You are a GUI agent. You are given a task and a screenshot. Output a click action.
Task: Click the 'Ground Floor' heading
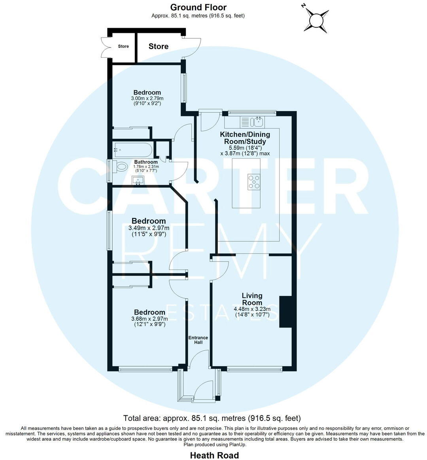tap(198, 7)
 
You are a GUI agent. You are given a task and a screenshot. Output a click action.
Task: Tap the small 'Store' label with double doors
tap(123, 46)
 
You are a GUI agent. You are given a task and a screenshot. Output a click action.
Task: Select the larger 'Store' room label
tap(159, 46)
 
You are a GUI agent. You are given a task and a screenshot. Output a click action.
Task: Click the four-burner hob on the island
tap(254, 181)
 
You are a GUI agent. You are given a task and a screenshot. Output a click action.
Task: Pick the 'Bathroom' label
tap(146, 162)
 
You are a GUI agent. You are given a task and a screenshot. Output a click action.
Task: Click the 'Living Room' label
tap(252, 299)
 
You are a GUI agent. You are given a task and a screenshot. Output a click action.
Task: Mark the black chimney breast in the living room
tap(285, 312)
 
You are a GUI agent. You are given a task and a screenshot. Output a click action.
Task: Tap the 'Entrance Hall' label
tap(198, 340)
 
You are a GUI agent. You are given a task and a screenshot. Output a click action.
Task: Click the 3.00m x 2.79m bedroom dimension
tap(147, 98)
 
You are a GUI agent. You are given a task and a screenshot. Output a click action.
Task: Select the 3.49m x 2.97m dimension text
tap(149, 228)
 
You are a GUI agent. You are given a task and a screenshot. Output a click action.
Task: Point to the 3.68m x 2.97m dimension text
tap(149, 319)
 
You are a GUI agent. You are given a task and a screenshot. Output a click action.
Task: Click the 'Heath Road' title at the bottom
tap(214, 455)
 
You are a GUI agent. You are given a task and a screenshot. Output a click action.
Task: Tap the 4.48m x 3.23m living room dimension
tap(252, 309)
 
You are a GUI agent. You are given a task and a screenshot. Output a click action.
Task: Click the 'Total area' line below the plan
tap(212, 418)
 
